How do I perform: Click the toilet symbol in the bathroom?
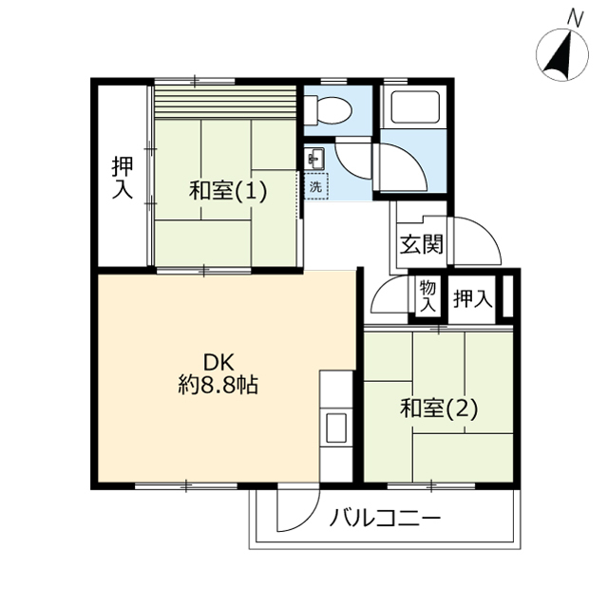328,110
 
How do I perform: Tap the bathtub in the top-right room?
414,107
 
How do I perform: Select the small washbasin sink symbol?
314,159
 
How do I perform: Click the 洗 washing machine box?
316,186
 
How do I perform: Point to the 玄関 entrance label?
422,244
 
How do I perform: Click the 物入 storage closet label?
428,295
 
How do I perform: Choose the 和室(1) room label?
228,191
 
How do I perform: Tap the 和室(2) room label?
439,408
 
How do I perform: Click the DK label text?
219,363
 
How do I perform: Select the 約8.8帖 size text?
218,385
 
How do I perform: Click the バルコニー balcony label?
386,518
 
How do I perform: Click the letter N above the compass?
576,18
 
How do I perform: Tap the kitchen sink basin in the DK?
336,427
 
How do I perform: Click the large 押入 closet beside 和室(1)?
123,177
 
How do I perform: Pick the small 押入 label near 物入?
473,298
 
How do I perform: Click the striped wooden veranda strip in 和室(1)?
226,103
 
